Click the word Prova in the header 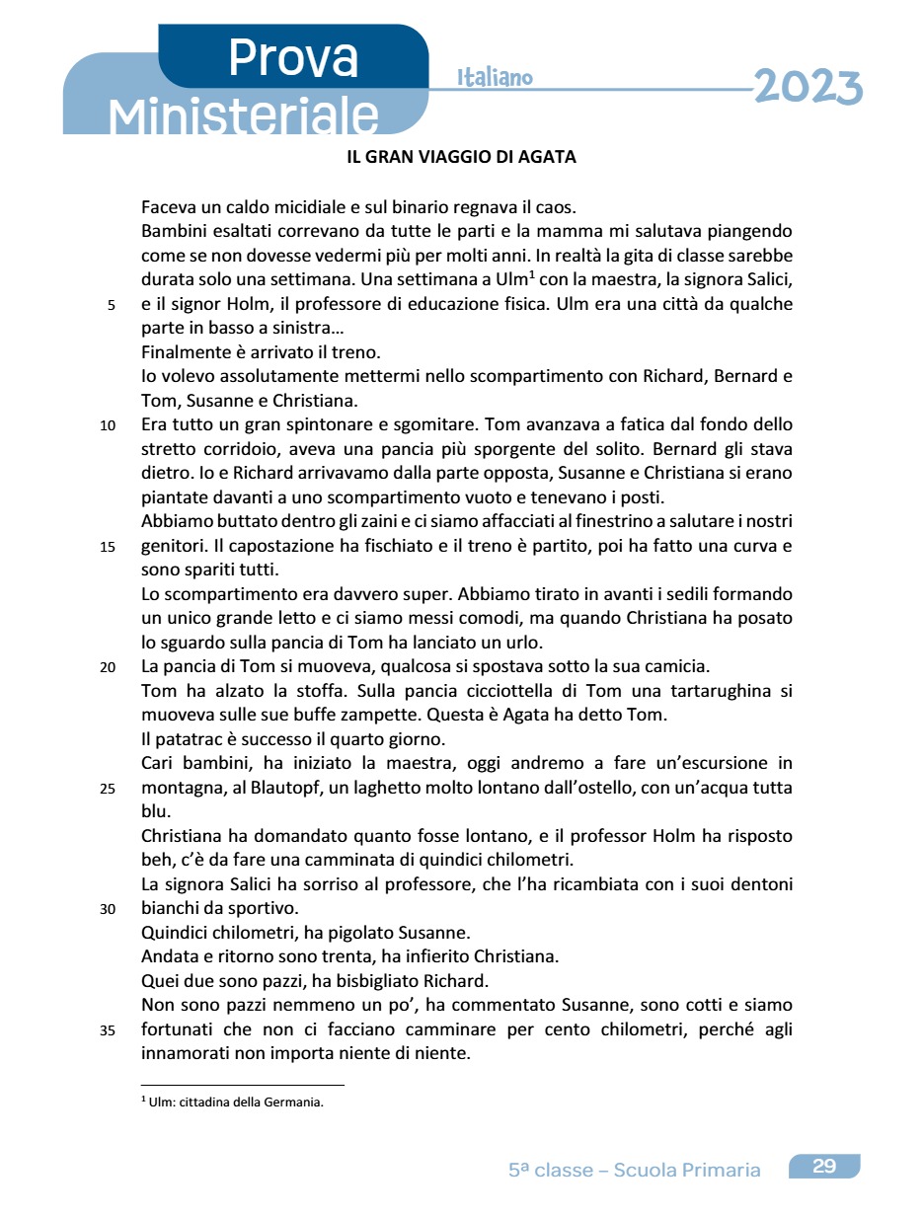pos(293,58)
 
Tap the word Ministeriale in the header pos(244,116)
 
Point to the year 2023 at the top pos(808,87)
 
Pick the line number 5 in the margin pos(111,305)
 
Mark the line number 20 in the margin pos(108,667)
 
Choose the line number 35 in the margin pos(108,1030)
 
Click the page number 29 pos(824,1167)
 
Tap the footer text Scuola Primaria pos(687,1171)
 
